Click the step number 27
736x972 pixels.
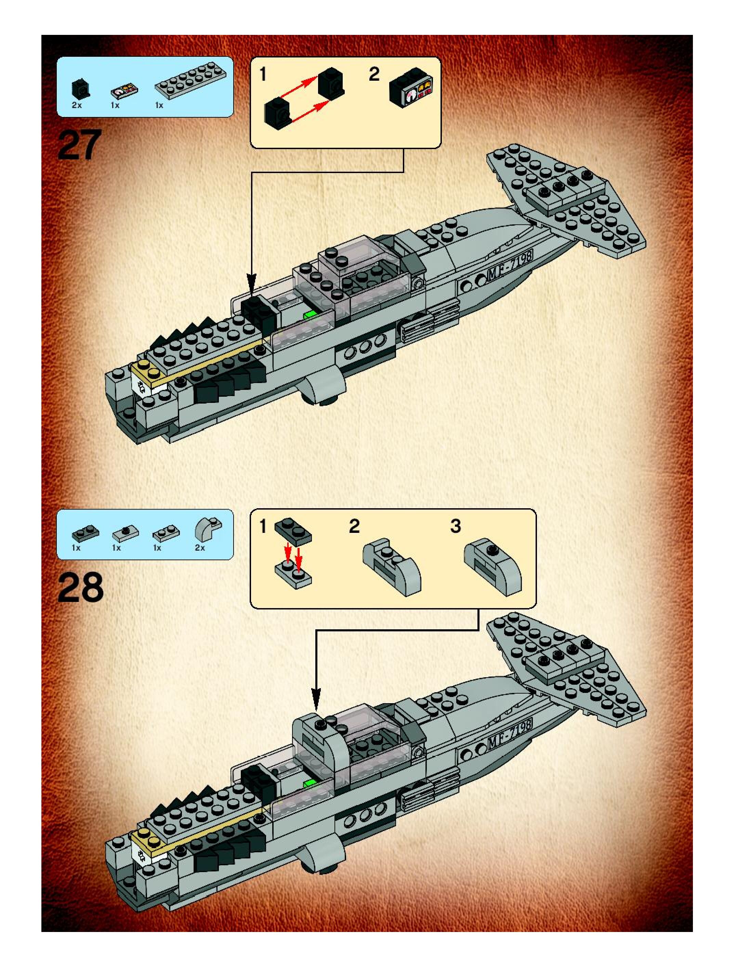(x=79, y=145)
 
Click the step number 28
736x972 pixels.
(x=80, y=588)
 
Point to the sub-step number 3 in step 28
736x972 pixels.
(x=456, y=526)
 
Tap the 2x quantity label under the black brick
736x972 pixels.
(x=77, y=105)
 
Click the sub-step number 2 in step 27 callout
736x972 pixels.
(x=374, y=74)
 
